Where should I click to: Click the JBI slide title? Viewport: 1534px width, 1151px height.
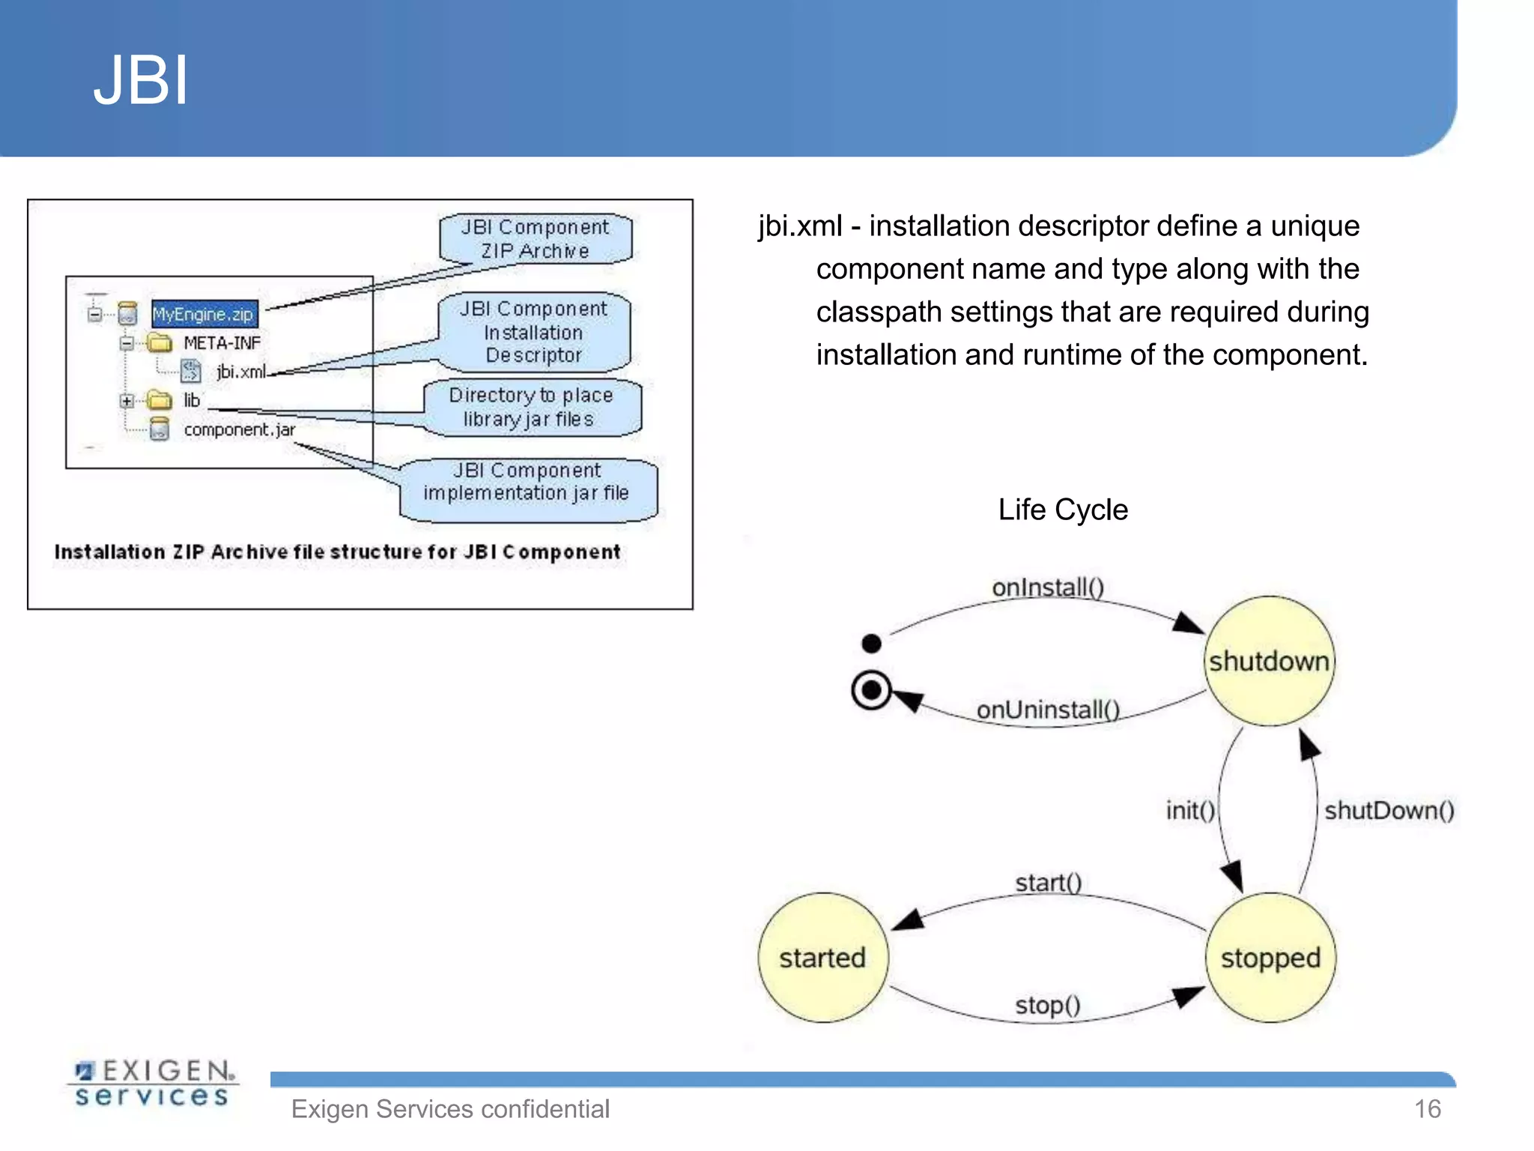140,80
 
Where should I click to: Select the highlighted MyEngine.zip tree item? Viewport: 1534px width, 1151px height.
203,314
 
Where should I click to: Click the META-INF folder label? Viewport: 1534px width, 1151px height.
222,343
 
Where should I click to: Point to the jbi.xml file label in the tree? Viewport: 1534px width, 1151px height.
240,372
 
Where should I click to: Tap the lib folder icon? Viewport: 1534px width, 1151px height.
160,400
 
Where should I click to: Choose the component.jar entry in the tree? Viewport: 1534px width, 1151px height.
239,429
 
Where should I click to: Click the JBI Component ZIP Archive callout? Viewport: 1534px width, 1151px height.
535,239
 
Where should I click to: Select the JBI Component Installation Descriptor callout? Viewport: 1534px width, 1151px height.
533,332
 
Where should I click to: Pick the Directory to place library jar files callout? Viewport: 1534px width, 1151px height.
531,407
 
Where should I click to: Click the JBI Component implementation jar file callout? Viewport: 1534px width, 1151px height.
527,482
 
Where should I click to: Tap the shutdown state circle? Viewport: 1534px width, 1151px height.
1269,661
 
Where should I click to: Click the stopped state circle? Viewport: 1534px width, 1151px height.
1270,958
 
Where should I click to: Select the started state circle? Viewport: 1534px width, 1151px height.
822,958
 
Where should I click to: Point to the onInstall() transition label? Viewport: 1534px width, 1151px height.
1047,587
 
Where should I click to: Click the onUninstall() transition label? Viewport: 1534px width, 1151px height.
1047,710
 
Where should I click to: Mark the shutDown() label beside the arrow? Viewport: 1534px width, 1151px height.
1389,810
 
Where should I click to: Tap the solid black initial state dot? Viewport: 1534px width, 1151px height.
871,643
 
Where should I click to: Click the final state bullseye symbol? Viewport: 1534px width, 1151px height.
871,689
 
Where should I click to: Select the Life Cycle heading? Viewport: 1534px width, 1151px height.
1062,510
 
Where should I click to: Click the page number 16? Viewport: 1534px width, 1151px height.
1427,1108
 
